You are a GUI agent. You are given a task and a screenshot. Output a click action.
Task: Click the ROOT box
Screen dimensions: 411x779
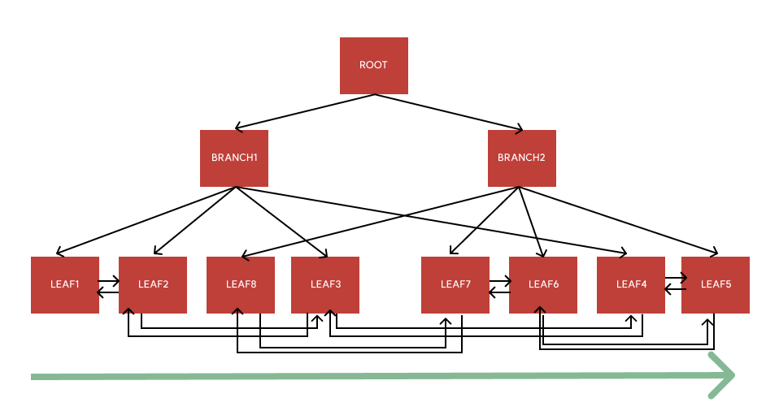click(374, 65)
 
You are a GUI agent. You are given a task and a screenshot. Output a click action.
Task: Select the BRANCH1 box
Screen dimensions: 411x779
click(234, 158)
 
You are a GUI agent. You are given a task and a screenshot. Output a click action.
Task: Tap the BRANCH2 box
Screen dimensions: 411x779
click(521, 158)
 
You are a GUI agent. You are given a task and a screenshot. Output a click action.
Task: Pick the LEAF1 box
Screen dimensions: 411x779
click(65, 284)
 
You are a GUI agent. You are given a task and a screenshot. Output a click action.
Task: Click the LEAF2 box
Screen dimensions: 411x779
click(153, 284)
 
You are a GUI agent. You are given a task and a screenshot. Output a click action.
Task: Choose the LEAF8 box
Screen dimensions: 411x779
click(241, 284)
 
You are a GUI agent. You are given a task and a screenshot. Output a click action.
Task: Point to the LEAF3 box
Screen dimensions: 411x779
click(325, 284)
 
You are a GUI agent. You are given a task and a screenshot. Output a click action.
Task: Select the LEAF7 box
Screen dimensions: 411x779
click(455, 284)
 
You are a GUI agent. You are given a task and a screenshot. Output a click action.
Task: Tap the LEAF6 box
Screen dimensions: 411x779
click(543, 284)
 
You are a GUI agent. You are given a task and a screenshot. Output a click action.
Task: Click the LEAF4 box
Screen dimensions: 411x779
click(631, 284)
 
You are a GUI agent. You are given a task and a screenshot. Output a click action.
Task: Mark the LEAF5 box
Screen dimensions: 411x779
click(716, 284)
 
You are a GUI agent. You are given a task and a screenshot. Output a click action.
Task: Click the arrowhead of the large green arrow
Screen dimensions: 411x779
click(723, 375)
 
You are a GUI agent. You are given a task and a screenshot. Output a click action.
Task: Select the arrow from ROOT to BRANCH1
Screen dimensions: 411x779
click(305, 111)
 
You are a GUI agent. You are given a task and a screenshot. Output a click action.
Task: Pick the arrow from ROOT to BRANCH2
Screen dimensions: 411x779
click(448, 111)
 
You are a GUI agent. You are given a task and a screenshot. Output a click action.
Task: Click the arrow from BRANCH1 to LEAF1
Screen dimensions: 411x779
click(146, 220)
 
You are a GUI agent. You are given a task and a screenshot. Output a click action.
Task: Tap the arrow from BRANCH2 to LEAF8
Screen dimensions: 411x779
click(382, 220)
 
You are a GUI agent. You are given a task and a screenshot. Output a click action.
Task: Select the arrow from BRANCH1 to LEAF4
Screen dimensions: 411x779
click(431, 220)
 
